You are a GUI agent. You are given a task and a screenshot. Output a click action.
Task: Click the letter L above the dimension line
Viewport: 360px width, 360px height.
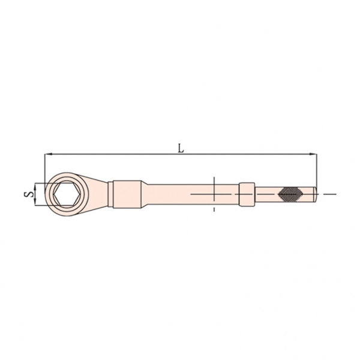pyautogui.click(x=181, y=149)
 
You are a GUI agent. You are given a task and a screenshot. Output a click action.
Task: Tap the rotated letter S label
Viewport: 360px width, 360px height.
pyautogui.click(x=28, y=194)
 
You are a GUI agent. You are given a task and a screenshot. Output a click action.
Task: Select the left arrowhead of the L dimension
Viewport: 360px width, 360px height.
pyautogui.click(x=48, y=154)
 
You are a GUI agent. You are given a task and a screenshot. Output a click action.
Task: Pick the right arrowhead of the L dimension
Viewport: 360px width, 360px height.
pyautogui.click(x=313, y=154)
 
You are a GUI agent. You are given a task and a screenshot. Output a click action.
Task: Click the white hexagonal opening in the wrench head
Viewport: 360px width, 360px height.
pyautogui.click(x=67, y=194)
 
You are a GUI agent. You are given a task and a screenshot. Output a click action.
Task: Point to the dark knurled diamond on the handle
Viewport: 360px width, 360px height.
pyautogui.click(x=290, y=194)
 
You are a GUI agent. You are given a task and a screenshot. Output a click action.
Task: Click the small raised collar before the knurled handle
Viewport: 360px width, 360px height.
pyautogui.click(x=247, y=194)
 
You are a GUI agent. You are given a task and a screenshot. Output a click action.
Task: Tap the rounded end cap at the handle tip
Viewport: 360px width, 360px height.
pyautogui.click(x=316, y=194)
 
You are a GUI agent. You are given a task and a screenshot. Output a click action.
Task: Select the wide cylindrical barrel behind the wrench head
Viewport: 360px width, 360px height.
pyautogui.click(x=127, y=194)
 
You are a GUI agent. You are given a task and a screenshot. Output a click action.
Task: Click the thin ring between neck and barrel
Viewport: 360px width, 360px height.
pyautogui.click(x=110, y=194)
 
